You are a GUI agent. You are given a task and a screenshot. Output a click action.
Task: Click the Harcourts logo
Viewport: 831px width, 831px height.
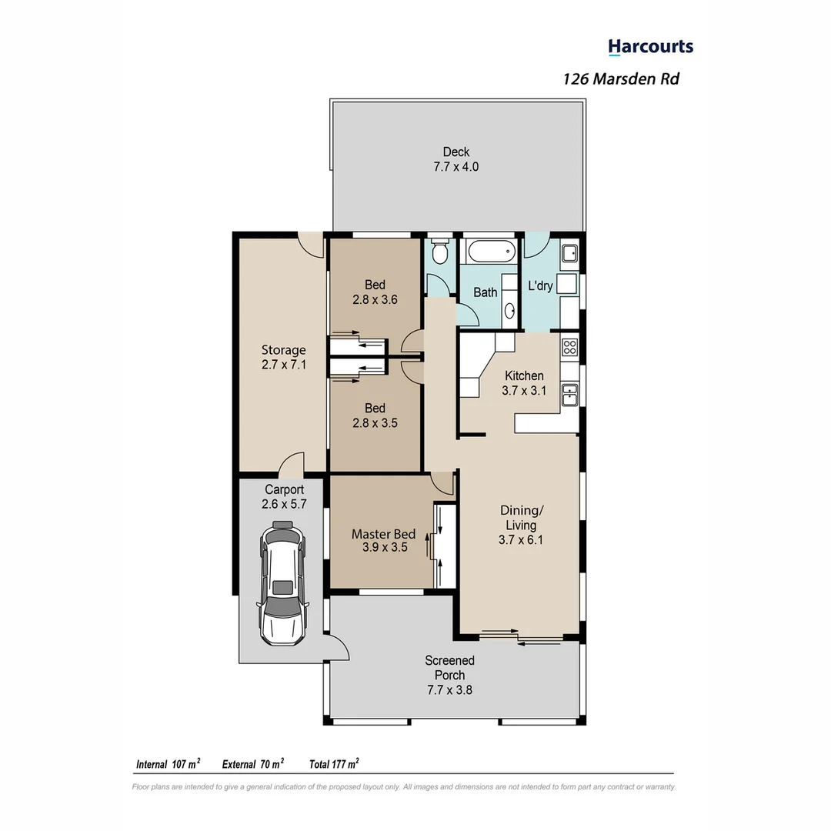(x=650, y=47)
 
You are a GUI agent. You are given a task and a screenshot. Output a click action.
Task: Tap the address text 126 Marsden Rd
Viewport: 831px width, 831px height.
(x=621, y=78)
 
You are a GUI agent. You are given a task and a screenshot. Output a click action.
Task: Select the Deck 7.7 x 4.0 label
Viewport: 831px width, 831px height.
(x=456, y=159)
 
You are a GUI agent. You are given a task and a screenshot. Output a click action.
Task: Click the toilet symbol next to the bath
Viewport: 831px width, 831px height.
(x=439, y=252)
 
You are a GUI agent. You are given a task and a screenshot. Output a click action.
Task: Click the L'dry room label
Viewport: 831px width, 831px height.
(x=540, y=285)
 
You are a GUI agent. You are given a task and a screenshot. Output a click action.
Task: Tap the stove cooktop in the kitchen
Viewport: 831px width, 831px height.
(x=569, y=347)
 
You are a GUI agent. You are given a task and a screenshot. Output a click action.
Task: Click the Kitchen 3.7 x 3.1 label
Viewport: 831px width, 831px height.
(x=523, y=383)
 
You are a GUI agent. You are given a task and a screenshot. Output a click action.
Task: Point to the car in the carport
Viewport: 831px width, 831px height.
(x=283, y=582)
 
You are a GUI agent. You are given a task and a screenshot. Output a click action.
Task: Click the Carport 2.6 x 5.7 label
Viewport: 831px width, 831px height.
(x=284, y=496)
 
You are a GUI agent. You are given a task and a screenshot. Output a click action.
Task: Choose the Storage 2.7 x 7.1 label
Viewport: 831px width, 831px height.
(x=283, y=358)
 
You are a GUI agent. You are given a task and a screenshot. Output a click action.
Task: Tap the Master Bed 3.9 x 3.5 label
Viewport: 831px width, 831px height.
(x=384, y=541)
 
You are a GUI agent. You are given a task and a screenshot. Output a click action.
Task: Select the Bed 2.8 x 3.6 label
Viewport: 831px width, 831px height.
(x=375, y=292)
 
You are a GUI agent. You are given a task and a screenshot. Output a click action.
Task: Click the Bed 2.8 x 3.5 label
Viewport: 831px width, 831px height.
(x=375, y=415)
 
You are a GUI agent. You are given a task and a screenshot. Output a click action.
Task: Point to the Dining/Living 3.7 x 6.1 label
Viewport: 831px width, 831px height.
(x=520, y=525)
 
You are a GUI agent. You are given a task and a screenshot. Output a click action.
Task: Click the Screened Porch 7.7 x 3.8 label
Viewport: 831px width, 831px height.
(x=449, y=675)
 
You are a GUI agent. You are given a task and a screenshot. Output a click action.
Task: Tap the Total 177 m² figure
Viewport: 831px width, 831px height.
(x=334, y=764)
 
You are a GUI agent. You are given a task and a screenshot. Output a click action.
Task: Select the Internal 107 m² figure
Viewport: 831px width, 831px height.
(x=168, y=764)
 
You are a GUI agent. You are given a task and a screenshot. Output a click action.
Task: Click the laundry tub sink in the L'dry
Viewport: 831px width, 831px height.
(x=569, y=253)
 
